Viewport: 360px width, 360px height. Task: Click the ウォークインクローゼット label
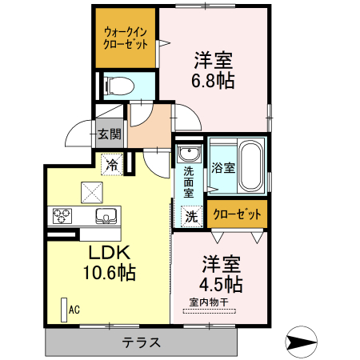point(125,37)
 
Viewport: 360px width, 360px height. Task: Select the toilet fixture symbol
point(115,84)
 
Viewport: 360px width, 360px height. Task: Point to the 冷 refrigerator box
point(113,165)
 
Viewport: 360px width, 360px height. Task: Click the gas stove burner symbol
point(63,215)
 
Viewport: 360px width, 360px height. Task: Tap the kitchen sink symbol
point(106,214)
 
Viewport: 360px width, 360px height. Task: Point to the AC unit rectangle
point(63,309)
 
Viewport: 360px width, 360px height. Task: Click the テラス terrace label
point(142,343)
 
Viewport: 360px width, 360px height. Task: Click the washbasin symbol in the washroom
point(189,154)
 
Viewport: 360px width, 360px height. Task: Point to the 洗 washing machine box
point(191,214)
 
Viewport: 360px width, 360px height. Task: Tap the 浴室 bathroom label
point(222,168)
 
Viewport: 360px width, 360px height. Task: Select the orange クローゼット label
point(238,214)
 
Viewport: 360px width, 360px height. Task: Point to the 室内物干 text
point(209,302)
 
